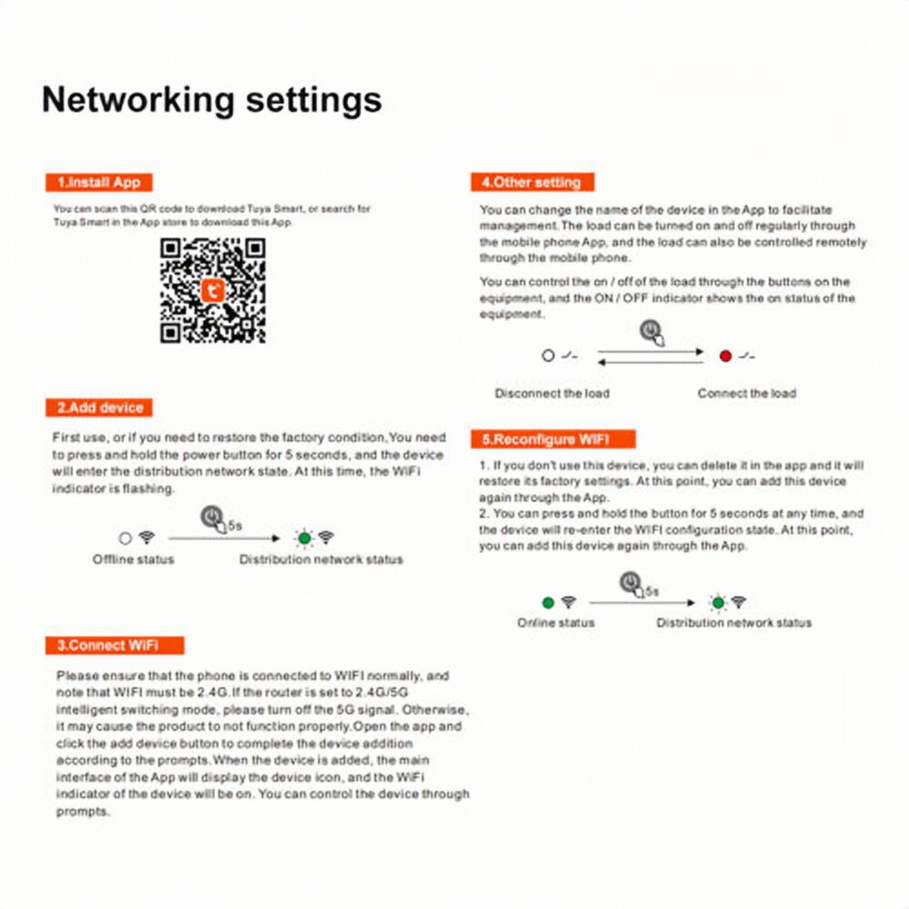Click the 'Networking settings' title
click(212, 100)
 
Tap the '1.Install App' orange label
click(98, 182)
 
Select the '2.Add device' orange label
click(99, 407)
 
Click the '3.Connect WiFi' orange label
click(115, 645)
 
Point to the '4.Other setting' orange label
click(532, 182)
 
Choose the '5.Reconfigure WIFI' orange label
click(553, 439)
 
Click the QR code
click(213, 291)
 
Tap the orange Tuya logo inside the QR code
click(212, 291)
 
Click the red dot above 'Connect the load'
click(725, 356)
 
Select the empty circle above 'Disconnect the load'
click(548, 355)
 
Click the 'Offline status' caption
click(134, 559)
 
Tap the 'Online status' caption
click(556, 623)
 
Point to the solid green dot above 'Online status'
click(548, 603)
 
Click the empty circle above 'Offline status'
click(125, 538)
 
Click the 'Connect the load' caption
click(746, 393)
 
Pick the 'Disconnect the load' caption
click(552, 393)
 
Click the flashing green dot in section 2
click(305, 538)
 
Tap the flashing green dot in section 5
click(718, 603)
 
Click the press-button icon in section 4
click(652, 333)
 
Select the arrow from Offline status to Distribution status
click(225, 538)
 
